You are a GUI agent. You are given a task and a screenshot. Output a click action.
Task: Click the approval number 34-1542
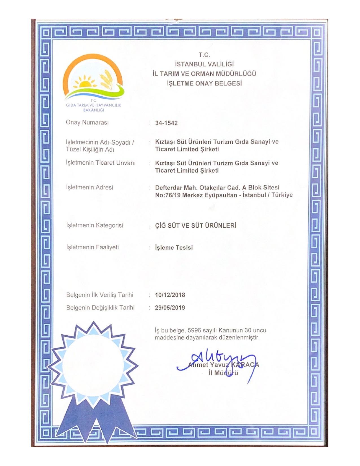[166, 123]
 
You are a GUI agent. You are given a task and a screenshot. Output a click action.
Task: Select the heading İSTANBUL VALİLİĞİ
[204, 64]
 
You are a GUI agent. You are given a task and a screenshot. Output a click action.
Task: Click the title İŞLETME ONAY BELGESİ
[204, 83]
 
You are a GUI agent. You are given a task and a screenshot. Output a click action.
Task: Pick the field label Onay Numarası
[87, 123]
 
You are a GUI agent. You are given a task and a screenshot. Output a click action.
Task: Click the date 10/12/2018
[170, 295]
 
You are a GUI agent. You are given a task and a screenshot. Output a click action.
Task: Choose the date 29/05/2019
[170, 308]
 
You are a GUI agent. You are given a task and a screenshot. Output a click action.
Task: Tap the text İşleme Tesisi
[174, 248]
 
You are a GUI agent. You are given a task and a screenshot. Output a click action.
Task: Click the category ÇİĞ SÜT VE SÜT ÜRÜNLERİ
[196, 226]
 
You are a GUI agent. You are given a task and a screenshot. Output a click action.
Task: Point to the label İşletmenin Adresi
[90, 187]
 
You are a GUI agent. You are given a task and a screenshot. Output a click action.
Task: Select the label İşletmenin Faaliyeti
[93, 247]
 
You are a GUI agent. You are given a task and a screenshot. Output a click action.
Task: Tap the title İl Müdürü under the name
[223, 373]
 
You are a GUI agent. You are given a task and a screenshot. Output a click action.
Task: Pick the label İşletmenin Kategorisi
[95, 225]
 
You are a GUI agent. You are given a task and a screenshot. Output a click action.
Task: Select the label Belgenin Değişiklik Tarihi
[100, 308]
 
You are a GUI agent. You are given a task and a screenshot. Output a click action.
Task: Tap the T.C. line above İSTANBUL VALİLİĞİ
[204, 55]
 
